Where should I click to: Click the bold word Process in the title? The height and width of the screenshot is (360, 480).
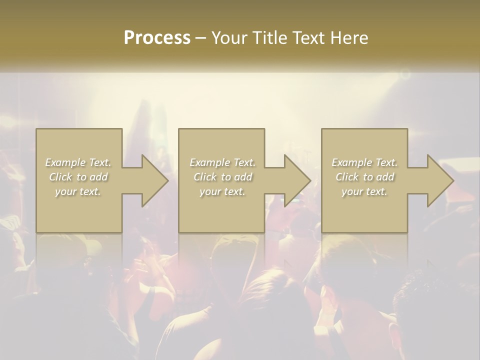(x=157, y=38)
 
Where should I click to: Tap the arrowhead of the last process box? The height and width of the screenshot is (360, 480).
(x=439, y=180)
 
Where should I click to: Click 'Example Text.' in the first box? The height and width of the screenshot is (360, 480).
(x=78, y=162)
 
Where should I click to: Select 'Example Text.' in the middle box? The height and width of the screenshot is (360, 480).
(x=222, y=162)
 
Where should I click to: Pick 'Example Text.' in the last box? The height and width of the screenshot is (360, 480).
(x=364, y=162)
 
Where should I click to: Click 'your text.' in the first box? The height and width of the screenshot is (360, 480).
(x=78, y=191)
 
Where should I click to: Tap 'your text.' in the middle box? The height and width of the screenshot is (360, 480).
(x=222, y=191)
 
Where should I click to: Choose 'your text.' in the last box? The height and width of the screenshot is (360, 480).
(x=364, y=191)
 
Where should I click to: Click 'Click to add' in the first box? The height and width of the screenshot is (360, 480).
(x=78, y=177)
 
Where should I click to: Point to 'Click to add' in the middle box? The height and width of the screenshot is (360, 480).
(x=222, y=177)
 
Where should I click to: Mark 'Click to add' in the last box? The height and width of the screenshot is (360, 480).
(x=364, y=177)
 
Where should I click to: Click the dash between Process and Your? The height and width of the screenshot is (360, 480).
(x=201, y=38)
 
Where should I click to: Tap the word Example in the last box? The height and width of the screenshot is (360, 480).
(x=352, y=162)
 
